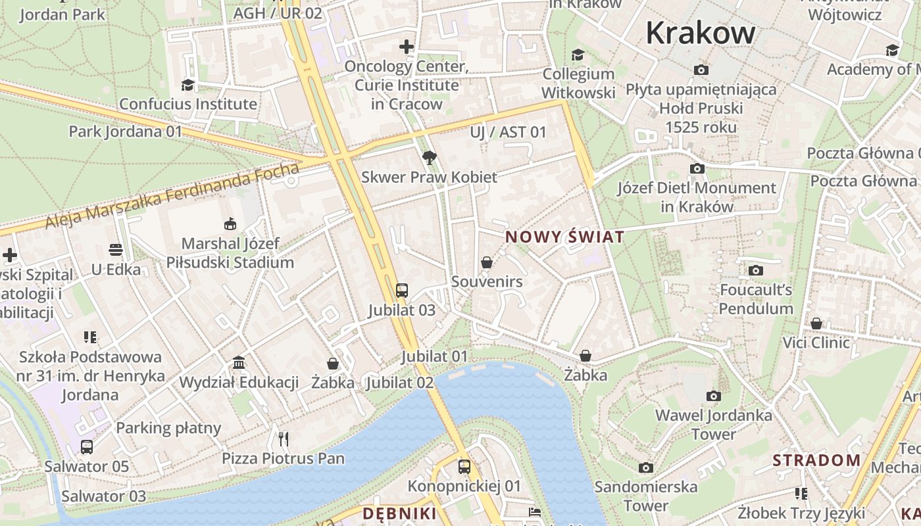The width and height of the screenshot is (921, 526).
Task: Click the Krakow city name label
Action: coord(701,33)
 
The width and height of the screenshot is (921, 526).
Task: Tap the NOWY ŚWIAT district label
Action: coord(564,237)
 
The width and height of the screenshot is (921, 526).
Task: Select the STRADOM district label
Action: coord(816,460)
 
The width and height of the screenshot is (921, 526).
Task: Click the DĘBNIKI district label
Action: coord(399,514)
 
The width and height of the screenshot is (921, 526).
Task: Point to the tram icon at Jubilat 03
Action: coord(401,291)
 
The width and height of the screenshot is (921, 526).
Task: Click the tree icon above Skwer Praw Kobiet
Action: coord(430,158)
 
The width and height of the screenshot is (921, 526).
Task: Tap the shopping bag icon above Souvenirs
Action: coord(487,263)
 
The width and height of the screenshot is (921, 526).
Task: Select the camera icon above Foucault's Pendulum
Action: coord(756,270)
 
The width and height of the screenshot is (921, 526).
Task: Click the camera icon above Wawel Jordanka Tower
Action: coord(714,396)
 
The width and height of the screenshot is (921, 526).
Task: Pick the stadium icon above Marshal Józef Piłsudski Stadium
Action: coord(230,224)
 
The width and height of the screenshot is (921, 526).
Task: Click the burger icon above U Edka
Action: coord(116,250)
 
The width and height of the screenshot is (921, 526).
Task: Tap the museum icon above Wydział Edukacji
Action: coord(239,363)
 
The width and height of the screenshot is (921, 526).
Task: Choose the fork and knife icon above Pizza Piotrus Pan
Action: coord(284,439)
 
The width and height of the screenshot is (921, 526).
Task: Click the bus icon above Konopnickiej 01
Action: coord(464,467)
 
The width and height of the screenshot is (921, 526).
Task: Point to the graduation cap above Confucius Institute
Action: coord(188,85)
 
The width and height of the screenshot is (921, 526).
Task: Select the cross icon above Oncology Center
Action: coord(407,47)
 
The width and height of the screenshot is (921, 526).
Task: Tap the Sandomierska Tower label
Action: coord(645,496)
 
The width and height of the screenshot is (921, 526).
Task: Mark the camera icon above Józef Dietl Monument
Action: coord(697,169)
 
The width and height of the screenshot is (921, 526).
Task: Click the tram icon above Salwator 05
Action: coord(87,447)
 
